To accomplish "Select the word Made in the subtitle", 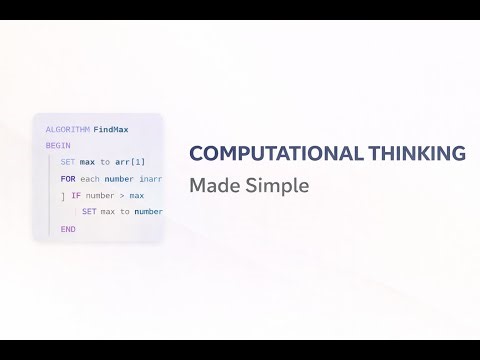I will point(210,185).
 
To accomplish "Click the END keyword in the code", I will point(68,229).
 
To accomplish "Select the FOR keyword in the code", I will point(68,179).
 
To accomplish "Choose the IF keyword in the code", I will point(75,196).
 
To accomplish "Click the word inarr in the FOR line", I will point(150,179).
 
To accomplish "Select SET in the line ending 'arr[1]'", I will point(68,162).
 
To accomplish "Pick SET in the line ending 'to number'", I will point(89,212).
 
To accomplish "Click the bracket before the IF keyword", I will point(62,196).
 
